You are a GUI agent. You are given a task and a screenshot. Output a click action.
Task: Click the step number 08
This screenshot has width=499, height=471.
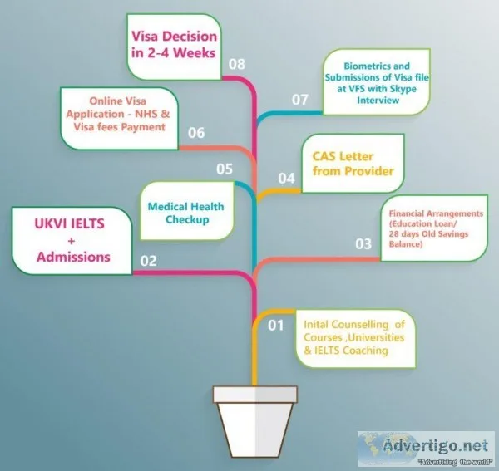237,64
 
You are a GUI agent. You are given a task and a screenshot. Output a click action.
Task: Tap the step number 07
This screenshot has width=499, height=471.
299,100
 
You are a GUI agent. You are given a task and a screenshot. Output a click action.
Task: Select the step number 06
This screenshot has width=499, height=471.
196,133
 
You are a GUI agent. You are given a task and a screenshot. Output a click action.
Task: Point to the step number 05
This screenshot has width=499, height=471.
225,169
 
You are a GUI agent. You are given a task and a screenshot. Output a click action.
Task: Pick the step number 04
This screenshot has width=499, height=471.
286,179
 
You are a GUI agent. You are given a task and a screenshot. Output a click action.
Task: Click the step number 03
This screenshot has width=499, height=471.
363,243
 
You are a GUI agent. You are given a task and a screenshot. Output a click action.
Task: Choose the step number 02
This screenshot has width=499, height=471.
148,261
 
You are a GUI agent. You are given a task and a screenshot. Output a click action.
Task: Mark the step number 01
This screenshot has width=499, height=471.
275,325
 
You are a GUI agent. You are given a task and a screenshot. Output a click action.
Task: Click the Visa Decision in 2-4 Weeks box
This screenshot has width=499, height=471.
174,47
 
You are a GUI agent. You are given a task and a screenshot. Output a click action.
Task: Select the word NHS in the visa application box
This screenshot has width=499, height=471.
146,114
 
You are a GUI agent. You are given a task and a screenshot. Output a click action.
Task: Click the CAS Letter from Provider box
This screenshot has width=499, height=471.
353,164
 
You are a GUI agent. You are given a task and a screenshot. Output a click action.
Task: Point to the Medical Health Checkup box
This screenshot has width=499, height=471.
186,211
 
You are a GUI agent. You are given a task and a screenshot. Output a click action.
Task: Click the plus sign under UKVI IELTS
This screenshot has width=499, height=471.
71,241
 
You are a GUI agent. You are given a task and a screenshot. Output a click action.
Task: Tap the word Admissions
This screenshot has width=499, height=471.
73,257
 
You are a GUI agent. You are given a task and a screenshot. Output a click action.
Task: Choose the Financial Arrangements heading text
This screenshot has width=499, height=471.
436,213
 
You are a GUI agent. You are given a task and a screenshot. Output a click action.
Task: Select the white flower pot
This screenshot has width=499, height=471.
255,422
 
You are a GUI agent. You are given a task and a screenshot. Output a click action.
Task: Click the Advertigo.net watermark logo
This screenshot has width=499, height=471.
426,448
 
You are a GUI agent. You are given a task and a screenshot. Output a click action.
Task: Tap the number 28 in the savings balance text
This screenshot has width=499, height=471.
393,234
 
